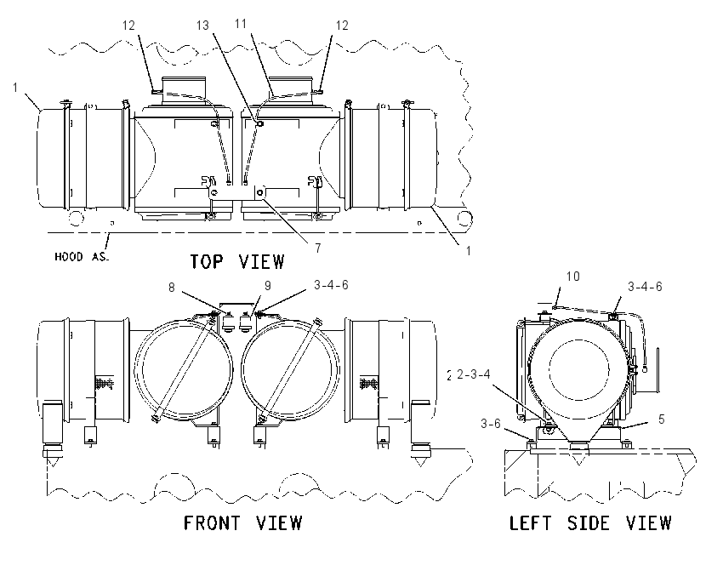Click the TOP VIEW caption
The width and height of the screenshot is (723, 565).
(237, 261)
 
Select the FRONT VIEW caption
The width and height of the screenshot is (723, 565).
(243, 523)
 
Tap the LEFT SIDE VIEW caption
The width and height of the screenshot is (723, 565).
(590, 523)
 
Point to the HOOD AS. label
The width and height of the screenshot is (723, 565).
(82, 257)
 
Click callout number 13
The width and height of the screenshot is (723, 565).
(203, 26)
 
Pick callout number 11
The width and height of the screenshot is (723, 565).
(241, 24)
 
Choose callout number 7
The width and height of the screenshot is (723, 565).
(318, 248)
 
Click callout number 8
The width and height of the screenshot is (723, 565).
(172, 288)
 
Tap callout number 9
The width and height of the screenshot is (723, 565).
(268, 286)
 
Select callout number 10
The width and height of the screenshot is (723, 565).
(572, 277)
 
